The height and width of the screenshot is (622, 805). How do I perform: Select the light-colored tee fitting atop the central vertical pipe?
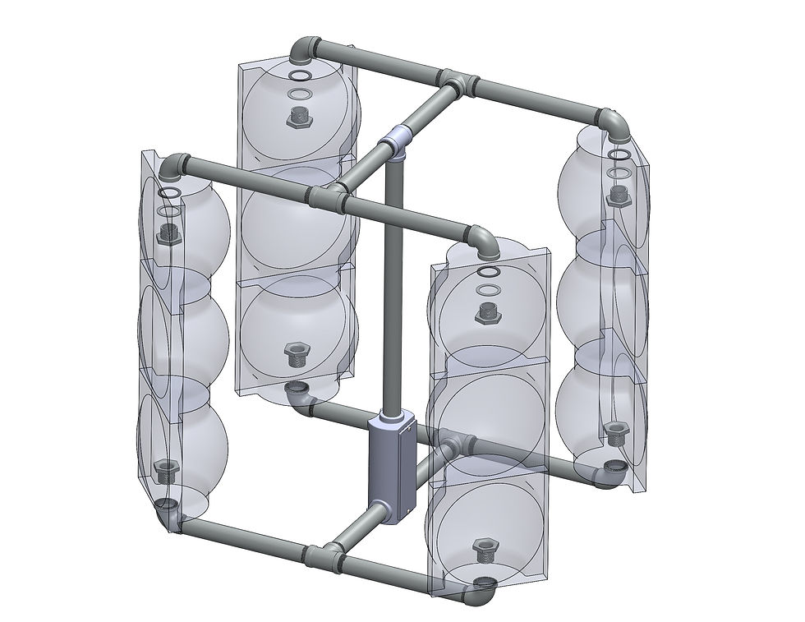398,141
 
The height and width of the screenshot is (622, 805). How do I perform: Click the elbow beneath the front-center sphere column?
481,588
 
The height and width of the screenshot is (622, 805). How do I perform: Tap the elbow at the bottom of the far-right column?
609,475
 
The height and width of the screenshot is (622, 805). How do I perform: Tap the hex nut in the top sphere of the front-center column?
488,313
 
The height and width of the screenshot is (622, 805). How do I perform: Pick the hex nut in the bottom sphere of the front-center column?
482,549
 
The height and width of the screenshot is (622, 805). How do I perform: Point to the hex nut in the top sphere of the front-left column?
170,233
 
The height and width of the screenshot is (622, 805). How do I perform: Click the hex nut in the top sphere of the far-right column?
619,195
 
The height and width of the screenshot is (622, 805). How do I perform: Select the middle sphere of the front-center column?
488,411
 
